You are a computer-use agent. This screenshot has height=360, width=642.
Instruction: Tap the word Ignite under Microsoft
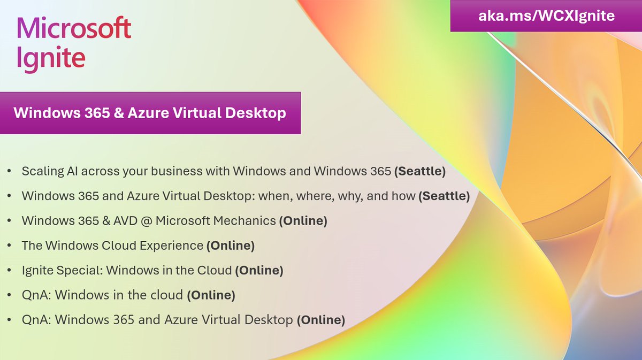click(51, 58)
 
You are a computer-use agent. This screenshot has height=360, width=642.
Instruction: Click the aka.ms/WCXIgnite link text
click(546, 16)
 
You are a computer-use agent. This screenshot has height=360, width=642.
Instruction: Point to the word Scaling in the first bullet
click(42, 172)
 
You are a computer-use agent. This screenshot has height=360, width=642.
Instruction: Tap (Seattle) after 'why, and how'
click(445, 196)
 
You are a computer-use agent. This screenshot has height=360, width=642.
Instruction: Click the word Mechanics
click(245, 221)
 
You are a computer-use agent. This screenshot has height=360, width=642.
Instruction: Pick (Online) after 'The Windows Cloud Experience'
click(231, 246)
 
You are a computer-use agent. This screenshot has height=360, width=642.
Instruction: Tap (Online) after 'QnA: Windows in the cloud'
click(211, 295)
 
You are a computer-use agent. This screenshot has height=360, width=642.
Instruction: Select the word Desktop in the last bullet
click(268, 320)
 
